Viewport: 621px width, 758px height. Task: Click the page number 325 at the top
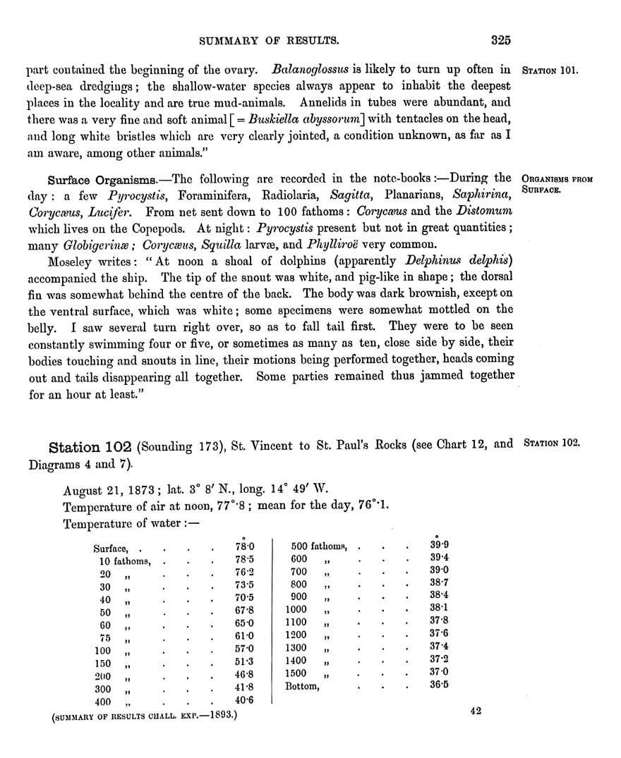click(501, 40)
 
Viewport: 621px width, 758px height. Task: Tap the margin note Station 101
click(550, 71)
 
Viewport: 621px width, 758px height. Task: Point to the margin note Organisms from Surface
click(556, 185)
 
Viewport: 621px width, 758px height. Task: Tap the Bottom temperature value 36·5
click(439, 685)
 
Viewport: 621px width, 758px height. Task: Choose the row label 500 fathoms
click(320, 546)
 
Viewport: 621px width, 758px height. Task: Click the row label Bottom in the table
click(302, 685)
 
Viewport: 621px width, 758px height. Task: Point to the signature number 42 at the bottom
click(475, 711)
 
